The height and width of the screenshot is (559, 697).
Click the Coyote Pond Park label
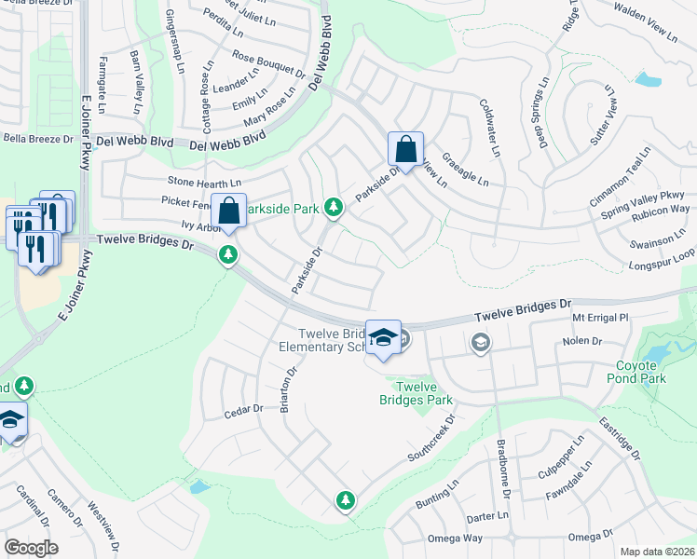click(640, 373)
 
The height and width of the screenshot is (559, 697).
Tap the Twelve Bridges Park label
click(417, 393)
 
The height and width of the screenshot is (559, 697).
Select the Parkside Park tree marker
click(333, 208)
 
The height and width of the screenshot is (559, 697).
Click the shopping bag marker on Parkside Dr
click(406, 150)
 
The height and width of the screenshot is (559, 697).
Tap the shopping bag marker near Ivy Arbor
click(228, 211)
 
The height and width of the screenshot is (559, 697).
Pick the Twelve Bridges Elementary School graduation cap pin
click(383, 338)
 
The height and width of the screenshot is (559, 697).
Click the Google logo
click(31, 547)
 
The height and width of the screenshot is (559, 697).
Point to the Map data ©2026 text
click(657, 552)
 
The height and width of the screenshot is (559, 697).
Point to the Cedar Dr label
click(244, 410)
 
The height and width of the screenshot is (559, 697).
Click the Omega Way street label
click(454, 538)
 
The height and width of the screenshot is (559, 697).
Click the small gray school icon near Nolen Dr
click(480, 343)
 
